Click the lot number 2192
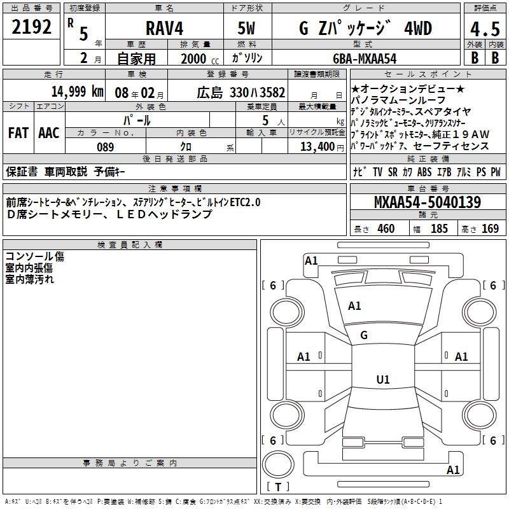tap(31, 27)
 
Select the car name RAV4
tap(165, 28)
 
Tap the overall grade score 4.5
tap(485, 29)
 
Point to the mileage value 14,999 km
tap(78, 92)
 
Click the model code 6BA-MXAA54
tap(365, 59)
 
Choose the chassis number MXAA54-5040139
tap(428, 202)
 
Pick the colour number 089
tap(106, 147)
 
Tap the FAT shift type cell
tap(18, 133)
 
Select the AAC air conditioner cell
tap(49, 133)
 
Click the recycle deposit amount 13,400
tap(317, 146)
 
